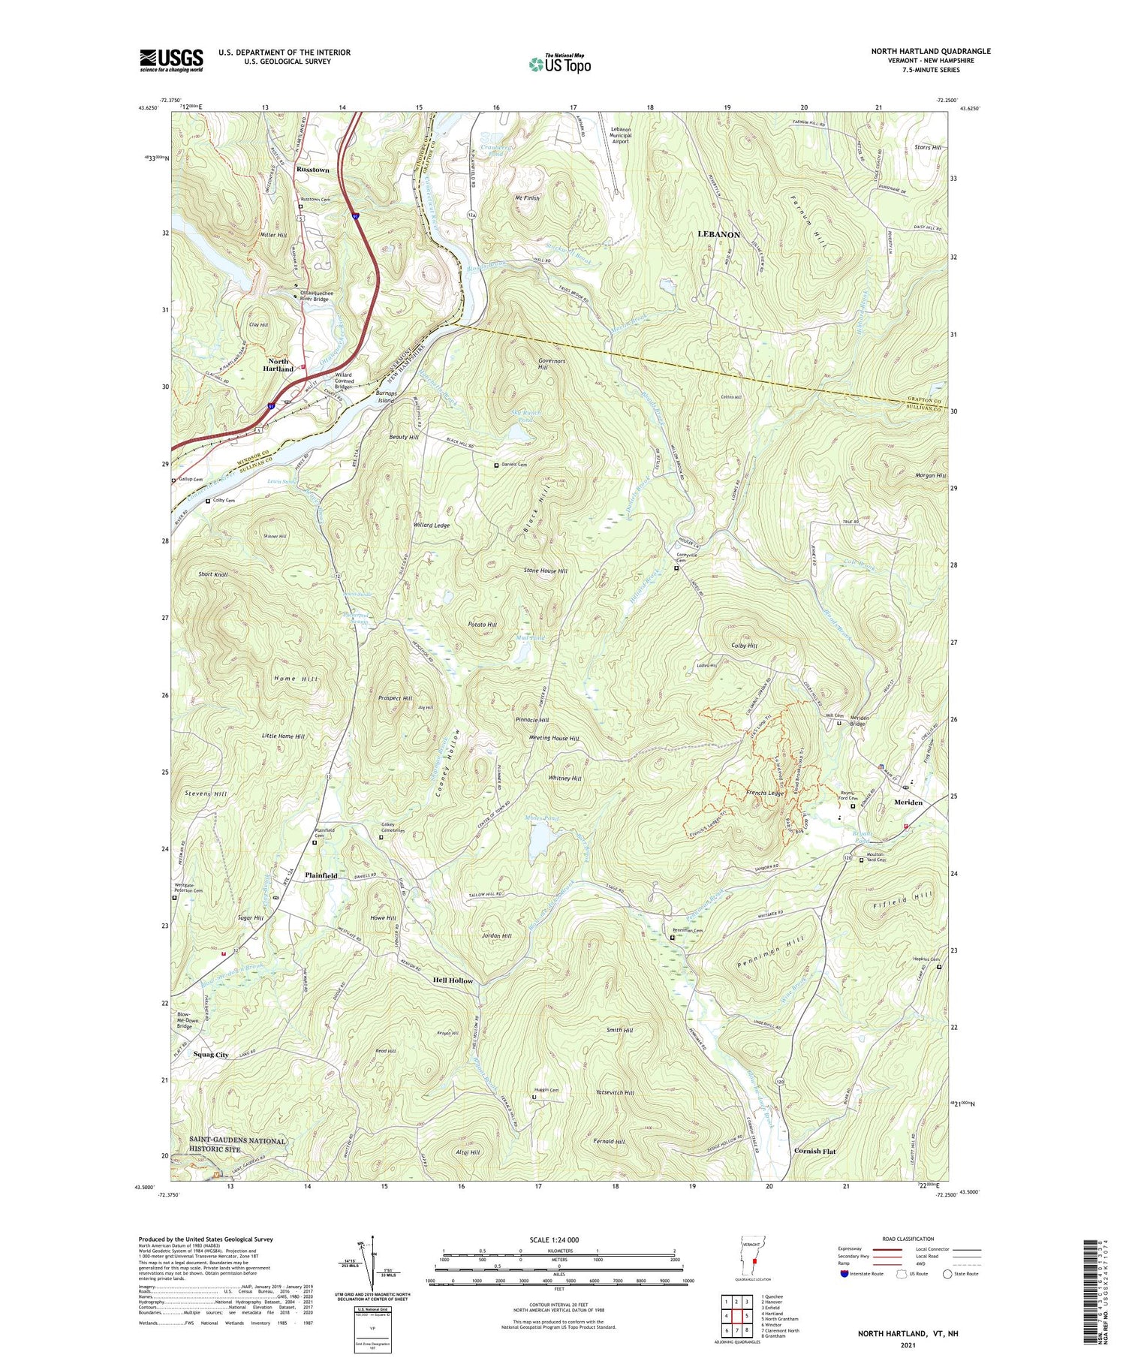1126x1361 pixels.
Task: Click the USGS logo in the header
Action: pyautogui.click(x=171, y=60)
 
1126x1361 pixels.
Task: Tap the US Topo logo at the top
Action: pyautogui.click(x=559, y=64)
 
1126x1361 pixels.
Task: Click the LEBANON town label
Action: pyautogui.click(x=718, y=234)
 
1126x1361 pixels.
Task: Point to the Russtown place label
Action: pyautogui.click(x=313, y=170)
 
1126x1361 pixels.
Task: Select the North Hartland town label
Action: pyautogui.click(x=278, y=365)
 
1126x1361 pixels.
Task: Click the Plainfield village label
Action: pyautogui.click(x=321, y=875)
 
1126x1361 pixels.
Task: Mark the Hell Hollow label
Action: pyautogui.click(x=453, y=980)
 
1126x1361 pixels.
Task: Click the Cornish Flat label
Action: pyautogui.click(x=814, y=1151)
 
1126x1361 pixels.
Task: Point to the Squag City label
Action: pyautogui.click(x=211, y=1055)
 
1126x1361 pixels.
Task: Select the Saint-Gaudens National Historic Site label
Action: pyautogui.click(x=227, y=1145)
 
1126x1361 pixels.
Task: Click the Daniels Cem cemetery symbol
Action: pyautogui.click(x=496, y=465)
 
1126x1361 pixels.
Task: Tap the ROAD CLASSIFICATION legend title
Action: pyautogui.click(x=908, y=1239)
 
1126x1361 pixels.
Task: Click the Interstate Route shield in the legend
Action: pyautogui.click(x=846, y=1273)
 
